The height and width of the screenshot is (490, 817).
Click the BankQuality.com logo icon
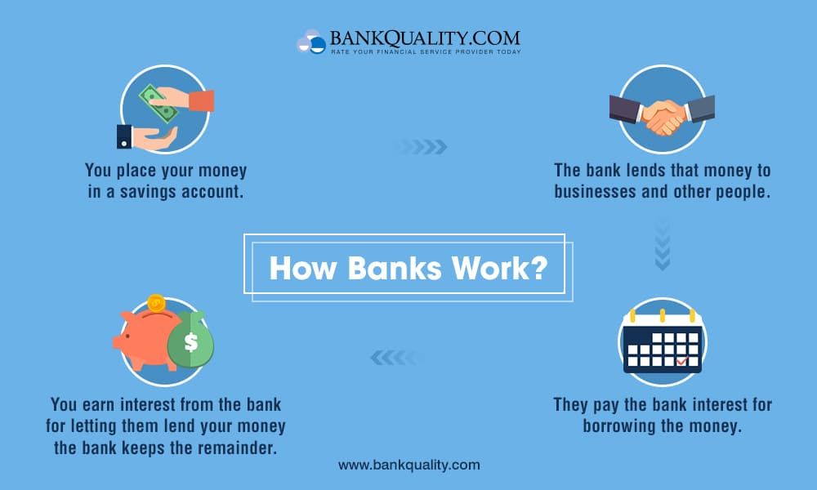point(311,42)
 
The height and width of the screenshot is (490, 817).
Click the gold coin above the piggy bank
point(156,303)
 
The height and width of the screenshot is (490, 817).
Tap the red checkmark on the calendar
point(681,360)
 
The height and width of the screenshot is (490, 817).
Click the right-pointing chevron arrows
point(423,147)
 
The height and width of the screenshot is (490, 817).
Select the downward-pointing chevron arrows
point(663,245)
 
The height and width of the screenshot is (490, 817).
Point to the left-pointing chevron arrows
point(396,357)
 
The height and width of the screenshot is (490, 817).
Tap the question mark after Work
point(538,267)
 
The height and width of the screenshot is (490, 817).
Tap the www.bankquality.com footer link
point(409,465)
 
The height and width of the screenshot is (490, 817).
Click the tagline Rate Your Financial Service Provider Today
point(426,52)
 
